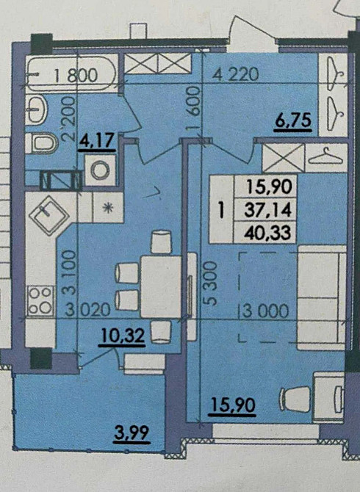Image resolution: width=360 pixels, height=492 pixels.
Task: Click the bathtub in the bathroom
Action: (x=71, y=73)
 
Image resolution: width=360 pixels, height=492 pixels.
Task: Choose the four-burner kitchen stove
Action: (x=41, y=300)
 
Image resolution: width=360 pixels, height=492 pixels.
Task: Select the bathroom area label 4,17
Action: (x=96, y=138)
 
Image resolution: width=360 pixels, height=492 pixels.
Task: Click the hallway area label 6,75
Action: (x=293, y=120)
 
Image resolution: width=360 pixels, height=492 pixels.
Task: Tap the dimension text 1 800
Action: (x=76, y=73)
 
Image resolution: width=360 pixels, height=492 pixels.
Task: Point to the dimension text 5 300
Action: (x=209, y=287)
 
